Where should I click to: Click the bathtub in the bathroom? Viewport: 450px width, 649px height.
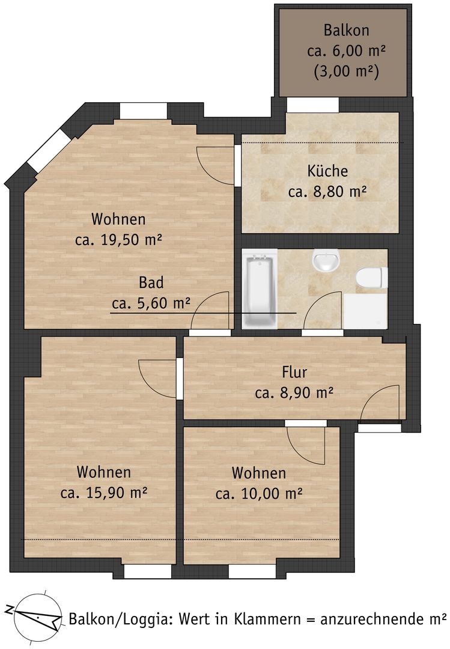pyautogui.click(x=259, y=289)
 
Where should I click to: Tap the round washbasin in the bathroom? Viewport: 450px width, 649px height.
pyautogui.click(x=326, y=260)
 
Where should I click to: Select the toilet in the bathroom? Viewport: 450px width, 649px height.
pyautogui.click(x=372, y=278)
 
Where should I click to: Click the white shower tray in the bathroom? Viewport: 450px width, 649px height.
pyautogui.click(x=365, y=311)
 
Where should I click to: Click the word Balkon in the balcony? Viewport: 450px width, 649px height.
pyautogui.click(x=346, y=30)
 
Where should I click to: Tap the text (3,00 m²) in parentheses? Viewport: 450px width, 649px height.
pyautogui.click(x=346, y=72)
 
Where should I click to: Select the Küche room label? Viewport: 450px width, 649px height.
pyautogui.click(x=327, y=171)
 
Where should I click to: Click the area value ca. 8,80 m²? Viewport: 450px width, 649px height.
pyautogui.click(x=327, y=192)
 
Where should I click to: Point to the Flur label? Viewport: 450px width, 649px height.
pyautogui.click(x=294, y=372)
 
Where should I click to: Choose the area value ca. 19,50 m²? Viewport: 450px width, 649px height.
pyautogui.click(x=118, y=240)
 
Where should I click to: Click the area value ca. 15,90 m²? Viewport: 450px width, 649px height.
pyautogui.click(x=104, y=493)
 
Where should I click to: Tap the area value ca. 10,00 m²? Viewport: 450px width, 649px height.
pyautogui.click(x=259, y=493)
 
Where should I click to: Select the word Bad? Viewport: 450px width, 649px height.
pyautogui.click(x=151, y=282)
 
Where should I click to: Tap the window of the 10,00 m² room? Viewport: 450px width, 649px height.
pyautogui.click(x=252, y=571)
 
